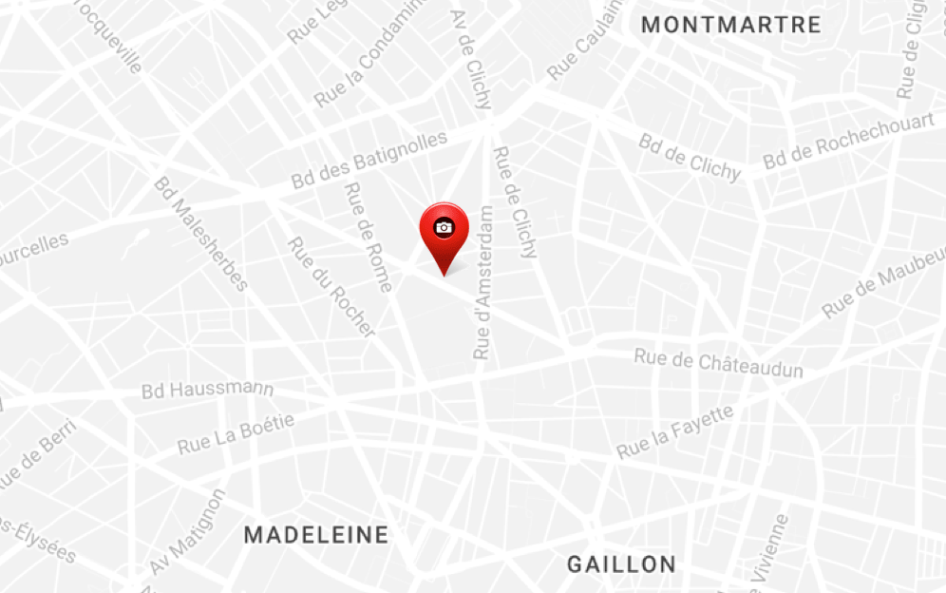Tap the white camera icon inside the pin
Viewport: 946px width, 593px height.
[444, 227]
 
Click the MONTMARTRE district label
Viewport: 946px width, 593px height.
[730, 25]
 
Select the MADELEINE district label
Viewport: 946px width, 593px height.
[316, 535]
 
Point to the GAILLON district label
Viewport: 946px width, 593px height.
[621, 564]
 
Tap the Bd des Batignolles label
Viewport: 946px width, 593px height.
[369, 160]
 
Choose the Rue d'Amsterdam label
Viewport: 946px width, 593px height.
[484, 282]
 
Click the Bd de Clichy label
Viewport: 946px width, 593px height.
[690, 157]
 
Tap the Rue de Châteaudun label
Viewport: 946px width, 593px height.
[718, 363]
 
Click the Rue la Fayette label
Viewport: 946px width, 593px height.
[675, 431]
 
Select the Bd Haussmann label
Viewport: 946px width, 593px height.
[207, 390]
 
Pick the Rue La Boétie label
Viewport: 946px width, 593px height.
[236, 433]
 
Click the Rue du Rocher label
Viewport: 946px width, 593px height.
[331, 286]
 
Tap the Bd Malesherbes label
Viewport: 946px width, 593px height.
[200, 234]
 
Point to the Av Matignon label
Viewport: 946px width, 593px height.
[188, 532]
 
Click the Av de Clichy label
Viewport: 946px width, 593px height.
[471, 59]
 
